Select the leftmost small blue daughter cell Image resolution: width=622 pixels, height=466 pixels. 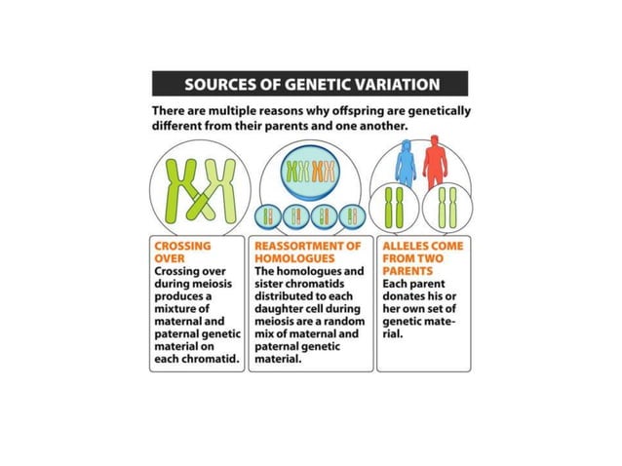(267, 215)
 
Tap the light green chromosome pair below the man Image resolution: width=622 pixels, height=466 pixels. (447, 208)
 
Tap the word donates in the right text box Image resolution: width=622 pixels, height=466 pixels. (408, 296)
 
